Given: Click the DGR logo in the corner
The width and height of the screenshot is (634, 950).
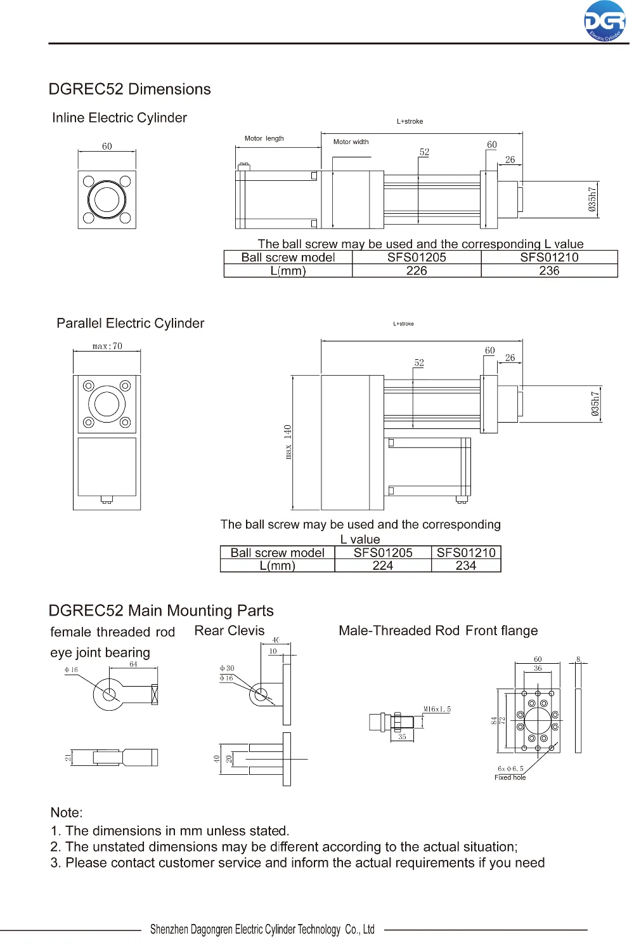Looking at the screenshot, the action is click(605, 22).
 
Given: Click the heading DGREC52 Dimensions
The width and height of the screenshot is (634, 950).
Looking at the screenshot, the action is click(130, 89).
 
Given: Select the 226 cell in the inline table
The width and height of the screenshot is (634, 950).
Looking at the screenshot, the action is click(416, 270).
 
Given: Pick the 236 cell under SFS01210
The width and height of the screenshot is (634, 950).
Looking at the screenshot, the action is click(549, 270).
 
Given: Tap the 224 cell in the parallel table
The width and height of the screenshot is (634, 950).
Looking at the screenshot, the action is click(383, 565).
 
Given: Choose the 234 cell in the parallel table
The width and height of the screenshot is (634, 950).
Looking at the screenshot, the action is click(466, 565).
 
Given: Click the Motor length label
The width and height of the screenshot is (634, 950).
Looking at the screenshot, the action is click(264, 138).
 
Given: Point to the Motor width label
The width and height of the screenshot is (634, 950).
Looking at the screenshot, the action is click(351, 142).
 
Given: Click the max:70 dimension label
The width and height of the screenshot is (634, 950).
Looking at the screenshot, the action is click(107, 346).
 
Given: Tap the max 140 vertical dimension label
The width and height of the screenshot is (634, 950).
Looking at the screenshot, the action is click(288, 442).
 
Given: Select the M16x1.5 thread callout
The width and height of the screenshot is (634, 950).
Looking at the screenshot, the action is click(437, 709).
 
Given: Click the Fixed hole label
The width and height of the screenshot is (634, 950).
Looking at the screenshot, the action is click(510, 777).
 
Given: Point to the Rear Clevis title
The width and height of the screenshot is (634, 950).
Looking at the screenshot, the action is click(230, 631).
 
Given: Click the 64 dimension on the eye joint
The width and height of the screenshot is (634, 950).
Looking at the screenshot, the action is click(133, 664).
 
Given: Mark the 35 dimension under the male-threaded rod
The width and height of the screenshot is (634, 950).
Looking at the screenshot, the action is click(402, 737).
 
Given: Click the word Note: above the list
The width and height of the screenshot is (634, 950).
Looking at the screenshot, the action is click(67, 812).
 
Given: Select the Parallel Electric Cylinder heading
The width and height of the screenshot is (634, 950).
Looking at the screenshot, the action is click(131, 323).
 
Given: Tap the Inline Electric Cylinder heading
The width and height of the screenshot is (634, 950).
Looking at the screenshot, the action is click(120, 118).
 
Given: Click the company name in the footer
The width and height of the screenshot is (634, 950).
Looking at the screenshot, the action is click(262, 930).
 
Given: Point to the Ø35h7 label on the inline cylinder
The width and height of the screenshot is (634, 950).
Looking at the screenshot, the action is click(592, 199).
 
